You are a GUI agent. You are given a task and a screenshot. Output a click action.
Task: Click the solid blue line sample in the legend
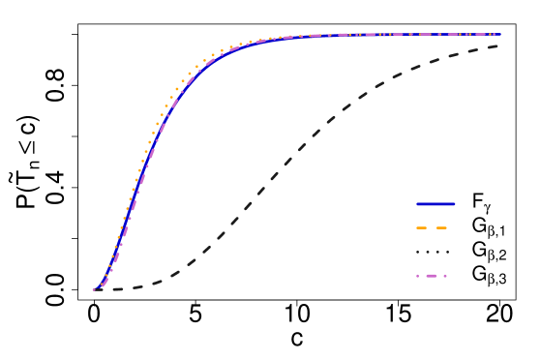(435, 204)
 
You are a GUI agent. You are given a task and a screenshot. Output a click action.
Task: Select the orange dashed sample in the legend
(432, 228)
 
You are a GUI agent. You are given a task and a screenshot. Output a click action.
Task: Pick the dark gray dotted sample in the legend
(433, 253)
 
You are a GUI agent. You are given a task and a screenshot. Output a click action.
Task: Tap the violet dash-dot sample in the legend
(432, 276)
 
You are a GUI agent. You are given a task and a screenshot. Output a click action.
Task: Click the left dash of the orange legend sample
(422, 228)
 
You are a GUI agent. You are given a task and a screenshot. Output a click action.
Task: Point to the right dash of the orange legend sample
(441, 228)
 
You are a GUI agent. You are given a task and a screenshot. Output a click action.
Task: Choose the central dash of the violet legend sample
(432, 276)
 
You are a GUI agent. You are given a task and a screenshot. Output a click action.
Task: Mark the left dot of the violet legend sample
(418, 276)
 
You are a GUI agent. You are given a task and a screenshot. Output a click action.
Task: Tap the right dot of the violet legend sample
(445, 276)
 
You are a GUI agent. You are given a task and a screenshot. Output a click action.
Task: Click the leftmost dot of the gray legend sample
(418, 253)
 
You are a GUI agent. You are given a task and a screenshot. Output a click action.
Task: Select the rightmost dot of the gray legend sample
(447, 253)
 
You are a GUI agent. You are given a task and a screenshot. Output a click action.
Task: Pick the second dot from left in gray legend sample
(428, 253)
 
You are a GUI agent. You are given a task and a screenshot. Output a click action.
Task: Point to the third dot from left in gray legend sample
(437, 253)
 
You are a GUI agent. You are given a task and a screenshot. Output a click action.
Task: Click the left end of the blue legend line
(417, 204)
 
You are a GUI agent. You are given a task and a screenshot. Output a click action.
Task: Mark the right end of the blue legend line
(454, 204)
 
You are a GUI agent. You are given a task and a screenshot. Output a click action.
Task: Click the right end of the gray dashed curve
(498, 45)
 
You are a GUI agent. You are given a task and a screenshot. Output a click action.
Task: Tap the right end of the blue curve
(499, 35)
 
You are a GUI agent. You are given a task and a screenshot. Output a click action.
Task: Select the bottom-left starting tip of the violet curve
(95, 288)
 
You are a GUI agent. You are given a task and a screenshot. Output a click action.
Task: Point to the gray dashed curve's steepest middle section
(271, 179)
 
